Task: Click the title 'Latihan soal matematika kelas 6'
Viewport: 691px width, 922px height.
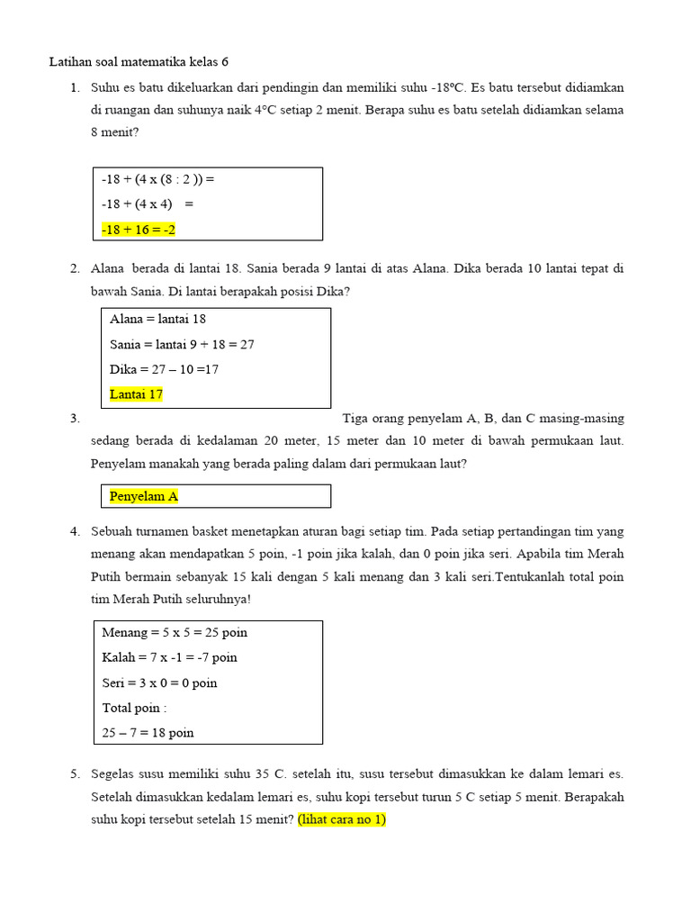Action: pyautogui.click(x=139, y=62)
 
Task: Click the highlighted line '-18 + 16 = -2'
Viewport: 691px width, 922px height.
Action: pyautogui.click(x=139, y=230)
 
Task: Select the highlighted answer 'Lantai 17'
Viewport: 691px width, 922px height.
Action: pyautogui.click(x=136, y=394)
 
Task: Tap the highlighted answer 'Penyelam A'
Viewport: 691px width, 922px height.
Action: pyautogui.click(x=144, y=496)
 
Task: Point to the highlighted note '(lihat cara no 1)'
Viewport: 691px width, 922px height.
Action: pyautogui.click(x=342, y=820)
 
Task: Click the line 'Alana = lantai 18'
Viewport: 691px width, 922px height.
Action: pyautogui.click(x=158, y=319)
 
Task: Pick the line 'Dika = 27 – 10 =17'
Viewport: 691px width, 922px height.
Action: pyautogui.click(x=164, y=369)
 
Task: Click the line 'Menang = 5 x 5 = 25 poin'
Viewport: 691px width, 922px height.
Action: pyautogui.click(x=175, y=632)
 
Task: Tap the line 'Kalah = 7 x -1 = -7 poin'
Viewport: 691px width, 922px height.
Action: pyautogui.click(x=170, y=657)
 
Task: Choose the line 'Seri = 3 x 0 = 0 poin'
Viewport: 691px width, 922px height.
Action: pyautogui.click(x=160, y=682)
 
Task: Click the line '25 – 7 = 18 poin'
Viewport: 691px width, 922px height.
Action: pyautogui.click(x=148, y=733)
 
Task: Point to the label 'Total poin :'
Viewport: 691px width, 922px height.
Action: pyautogui.click(x=135, y=708)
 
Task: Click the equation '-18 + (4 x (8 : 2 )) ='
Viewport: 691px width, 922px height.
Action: pyautogui.click(x=158, y=179)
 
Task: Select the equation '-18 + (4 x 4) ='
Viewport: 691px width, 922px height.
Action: pyautogui.click(x=148, y=204)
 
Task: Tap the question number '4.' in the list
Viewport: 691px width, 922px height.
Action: pyautogui.click(x=75, y=531)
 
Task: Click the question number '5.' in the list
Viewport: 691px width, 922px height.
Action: pyautogui.click(x=75, y=773)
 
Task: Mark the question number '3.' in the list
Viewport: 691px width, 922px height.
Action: pyautogui.click(x=75, y=419)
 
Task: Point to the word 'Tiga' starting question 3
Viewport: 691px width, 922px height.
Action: pyautogui.click(x=355, y=419)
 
